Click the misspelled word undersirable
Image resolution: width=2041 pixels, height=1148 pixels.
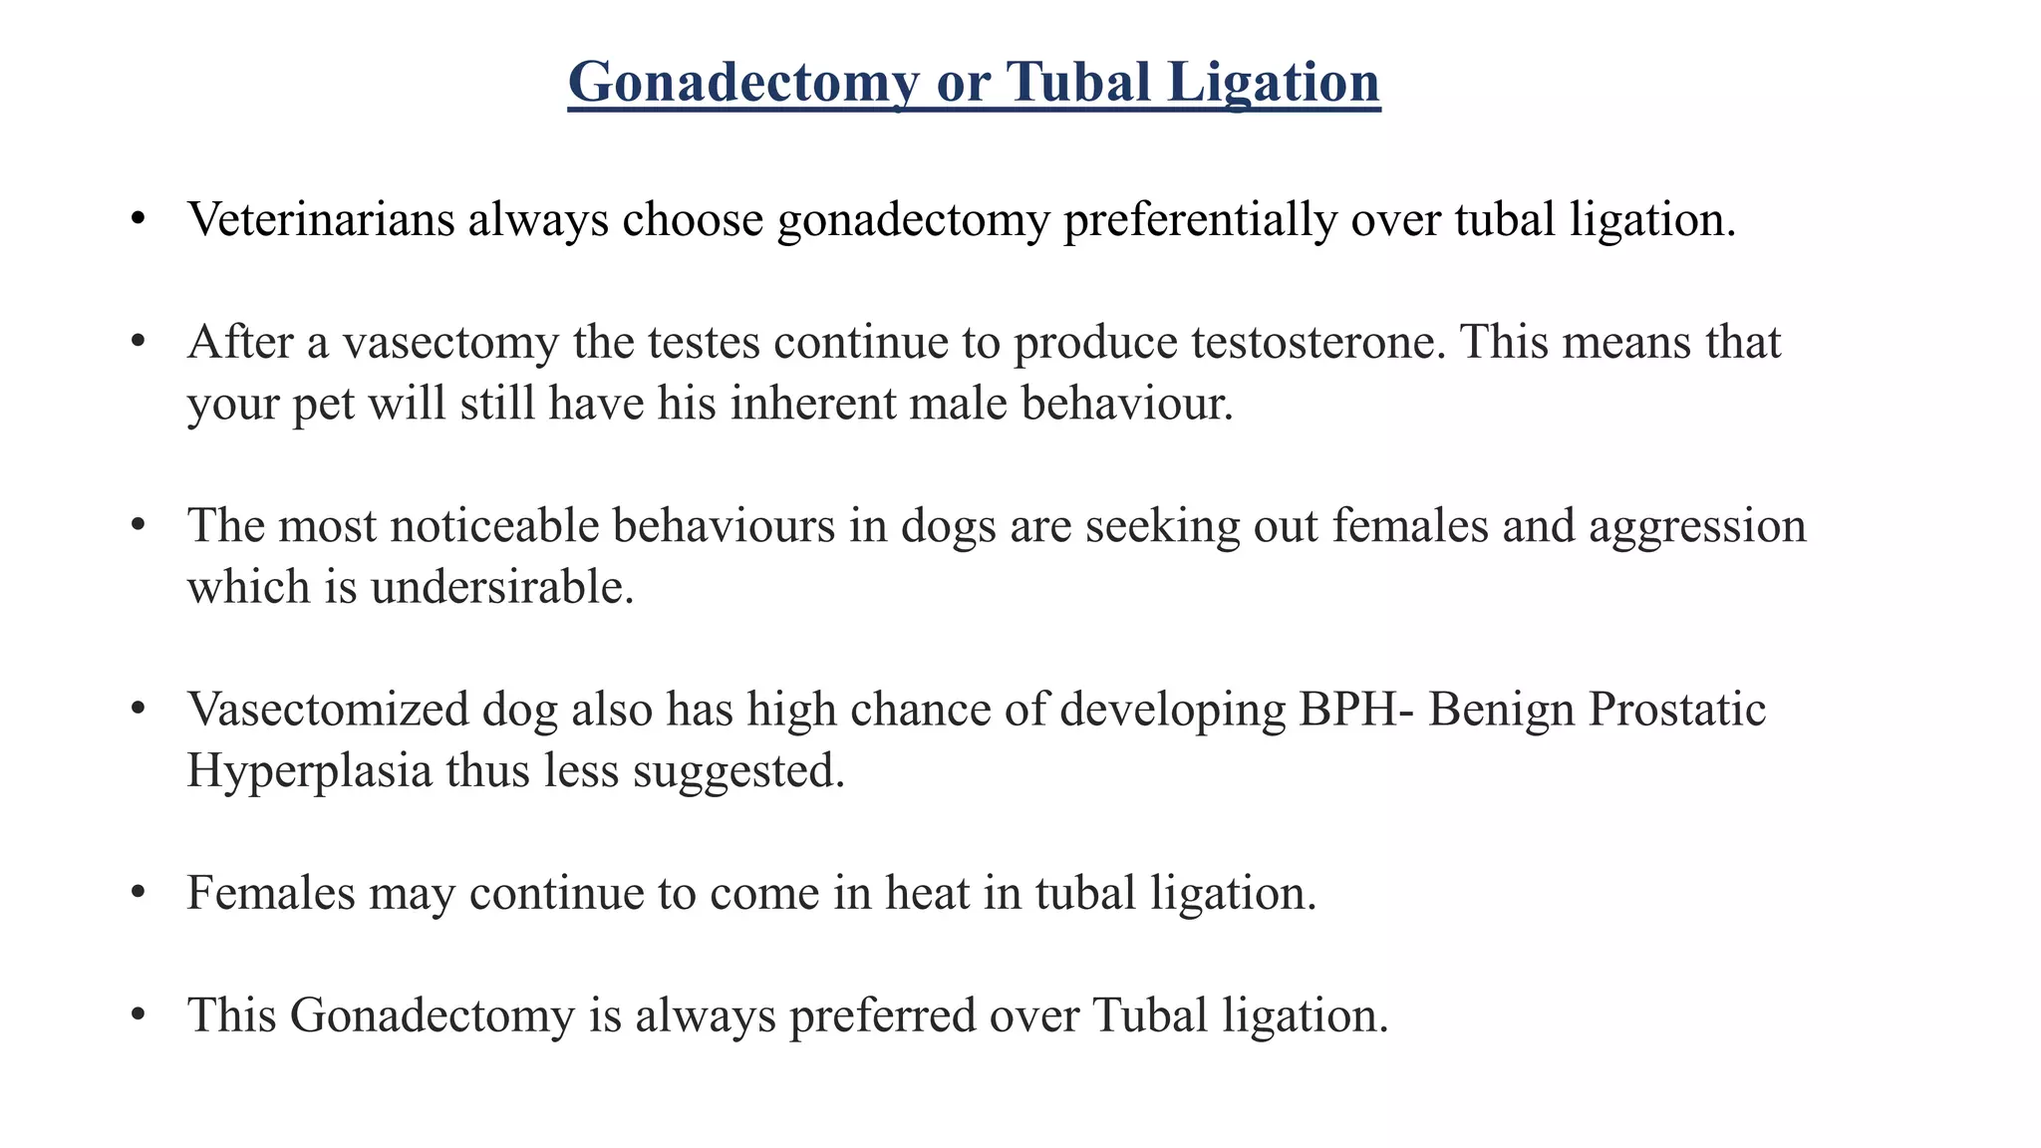[x=502, y=587]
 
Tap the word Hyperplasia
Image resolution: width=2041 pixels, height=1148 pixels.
[x=309, y=770]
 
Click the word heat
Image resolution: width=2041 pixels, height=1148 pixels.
[x=927, y=893]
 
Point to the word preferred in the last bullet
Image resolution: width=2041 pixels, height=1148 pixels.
[x=882, y=1015]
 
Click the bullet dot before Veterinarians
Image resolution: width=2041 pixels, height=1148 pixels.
[x=139, y=219]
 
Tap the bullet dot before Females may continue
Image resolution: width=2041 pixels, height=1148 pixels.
[x=139, y=893]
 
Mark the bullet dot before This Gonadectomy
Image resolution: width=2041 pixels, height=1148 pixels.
[x=139, y=1015]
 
